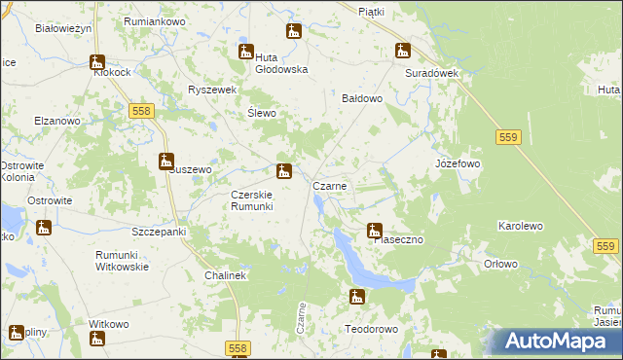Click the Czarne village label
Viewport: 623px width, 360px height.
(329, 185)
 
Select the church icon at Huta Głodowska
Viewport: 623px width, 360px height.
(244, 52)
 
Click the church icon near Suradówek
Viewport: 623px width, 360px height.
(402, 52)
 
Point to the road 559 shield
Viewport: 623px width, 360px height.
(506, 138)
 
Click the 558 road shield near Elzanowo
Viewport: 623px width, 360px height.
(140, 112)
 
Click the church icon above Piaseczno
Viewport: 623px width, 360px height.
(374, 231)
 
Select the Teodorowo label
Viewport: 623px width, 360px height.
(372, 329)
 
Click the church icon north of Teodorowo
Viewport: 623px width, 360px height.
(357, 296)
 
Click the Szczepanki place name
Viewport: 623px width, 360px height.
(158, 233)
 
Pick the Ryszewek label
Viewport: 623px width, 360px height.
(213, 90)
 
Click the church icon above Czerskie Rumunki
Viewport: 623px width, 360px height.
(283, 173)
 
